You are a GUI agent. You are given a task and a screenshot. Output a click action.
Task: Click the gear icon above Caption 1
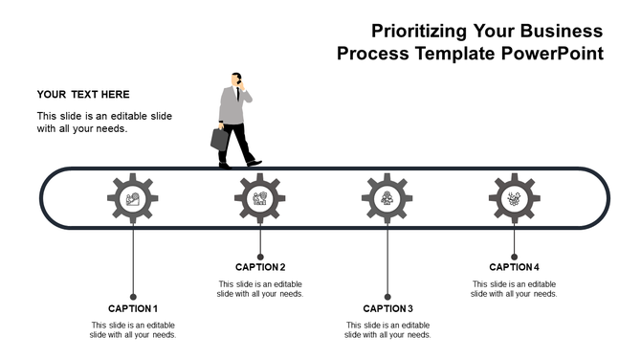click(x=133, y=199)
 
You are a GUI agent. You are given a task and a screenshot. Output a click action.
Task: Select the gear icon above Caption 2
click(x=260, y=199)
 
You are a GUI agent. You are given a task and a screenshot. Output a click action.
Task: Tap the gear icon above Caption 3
click(x=387, y=199)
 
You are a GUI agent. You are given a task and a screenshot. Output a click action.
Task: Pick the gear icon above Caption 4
click(x=515, y=199)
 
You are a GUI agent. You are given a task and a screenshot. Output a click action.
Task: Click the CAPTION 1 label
click(x=133, y=308)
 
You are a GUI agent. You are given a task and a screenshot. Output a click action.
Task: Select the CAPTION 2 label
click(x=260, y=267)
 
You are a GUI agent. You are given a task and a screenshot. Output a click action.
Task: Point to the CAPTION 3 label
click(x=387, y=308)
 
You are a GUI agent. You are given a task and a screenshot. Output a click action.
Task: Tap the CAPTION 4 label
click(x=515, y=267)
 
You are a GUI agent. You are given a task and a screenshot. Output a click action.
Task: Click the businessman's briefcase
click(x=220, y=139)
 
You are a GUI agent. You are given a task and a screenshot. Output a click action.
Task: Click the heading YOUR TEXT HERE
click(x=83, y=95)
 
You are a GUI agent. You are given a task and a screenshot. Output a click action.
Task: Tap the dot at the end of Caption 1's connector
click(x=133, y=296)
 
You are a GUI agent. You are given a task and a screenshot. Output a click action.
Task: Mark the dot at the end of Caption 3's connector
click(x=387, y=296)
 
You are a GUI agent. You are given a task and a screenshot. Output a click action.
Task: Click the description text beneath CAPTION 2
click(x=260, y=288)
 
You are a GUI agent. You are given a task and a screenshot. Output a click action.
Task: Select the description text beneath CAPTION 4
click(x=515, y=288)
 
